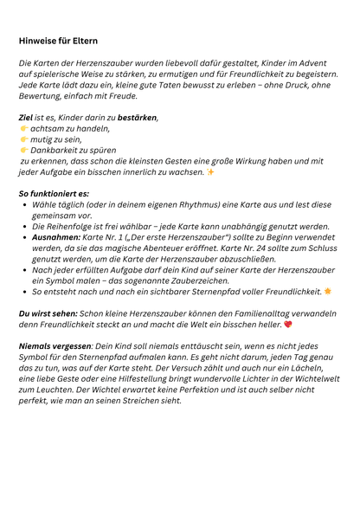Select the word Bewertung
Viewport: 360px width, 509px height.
click(43, 97)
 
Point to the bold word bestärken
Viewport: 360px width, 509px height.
click(137, 117)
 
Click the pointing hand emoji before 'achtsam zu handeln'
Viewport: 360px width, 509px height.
click(23, 128)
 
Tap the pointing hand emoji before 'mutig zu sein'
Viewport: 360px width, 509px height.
click(23, 139)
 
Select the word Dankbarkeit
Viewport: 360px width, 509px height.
click(55, 150)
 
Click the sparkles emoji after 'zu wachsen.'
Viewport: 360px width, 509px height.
click(210, 171)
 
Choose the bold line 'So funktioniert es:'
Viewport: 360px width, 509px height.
click(54, 193)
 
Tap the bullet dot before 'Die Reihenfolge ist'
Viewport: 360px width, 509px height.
click(23, 225)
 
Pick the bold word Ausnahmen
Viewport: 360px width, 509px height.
click(56, 236)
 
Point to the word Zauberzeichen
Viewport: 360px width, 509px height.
click(202, 280)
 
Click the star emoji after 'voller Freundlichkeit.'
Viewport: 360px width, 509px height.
click(328, 292)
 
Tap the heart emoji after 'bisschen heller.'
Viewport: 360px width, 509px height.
click(287, 325)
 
